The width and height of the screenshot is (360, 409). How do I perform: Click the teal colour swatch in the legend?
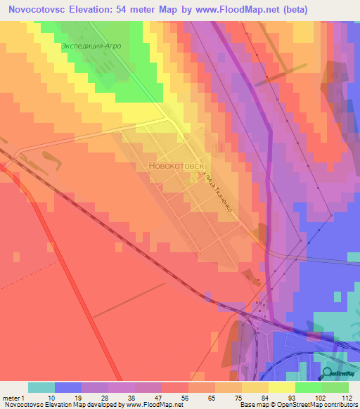(41, 387)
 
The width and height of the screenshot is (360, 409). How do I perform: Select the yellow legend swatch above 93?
(281, 387)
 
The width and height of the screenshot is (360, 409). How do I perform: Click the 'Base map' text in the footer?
(254, 405)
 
